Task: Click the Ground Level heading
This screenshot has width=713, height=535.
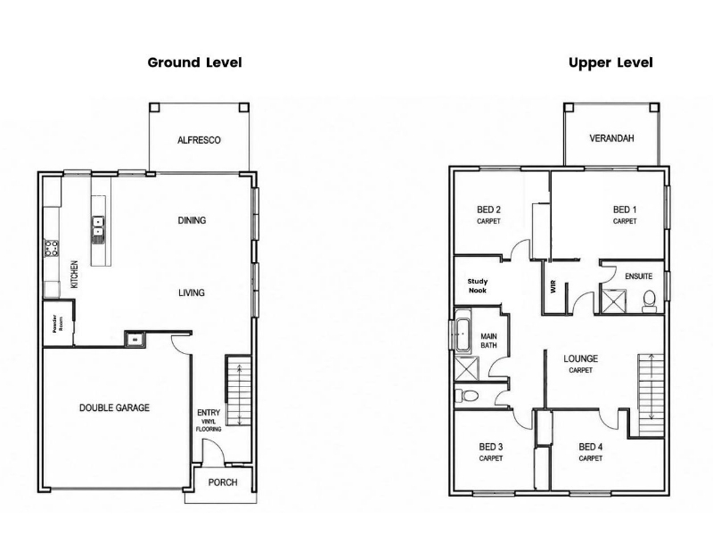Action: pyautogui.click(x=194, y=62)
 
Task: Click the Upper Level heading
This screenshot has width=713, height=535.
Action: pyautogui.click(x=611, y=62)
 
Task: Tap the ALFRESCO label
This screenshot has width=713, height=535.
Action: pyautogui.click(x=199, y=140)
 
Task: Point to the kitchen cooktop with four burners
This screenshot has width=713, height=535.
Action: pyautogui.click(x=51, y=249)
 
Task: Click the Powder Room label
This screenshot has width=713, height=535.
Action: pyautogui.click(x=57, y=324)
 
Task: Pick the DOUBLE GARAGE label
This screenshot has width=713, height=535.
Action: pyautogui.click(x=114, y=407)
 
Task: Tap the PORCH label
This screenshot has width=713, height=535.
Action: pyautogui.click(x=223, y=482)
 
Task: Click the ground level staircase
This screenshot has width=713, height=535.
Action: pyautogui.click(x=238, y=391)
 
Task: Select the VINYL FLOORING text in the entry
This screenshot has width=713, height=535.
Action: pyautogui.click(x=209, y=425)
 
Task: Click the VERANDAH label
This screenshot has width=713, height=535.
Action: pyautogui.click(x=611, y=138)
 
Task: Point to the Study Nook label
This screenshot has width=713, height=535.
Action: pyautogui.click(x=478, y=285)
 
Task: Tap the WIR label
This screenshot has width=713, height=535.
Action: pyautogui.click(x=553, y=286)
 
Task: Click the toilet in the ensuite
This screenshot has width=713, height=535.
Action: pyautogui.click(x=649, y=300)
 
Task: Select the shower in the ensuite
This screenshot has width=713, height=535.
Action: pyautogui.click(x=613, y=300)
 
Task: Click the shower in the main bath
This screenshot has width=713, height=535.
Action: pyautogui.click(x=466, y=368)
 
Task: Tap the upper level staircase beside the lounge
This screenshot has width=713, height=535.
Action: pyautogui.click(x=652, y=395)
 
